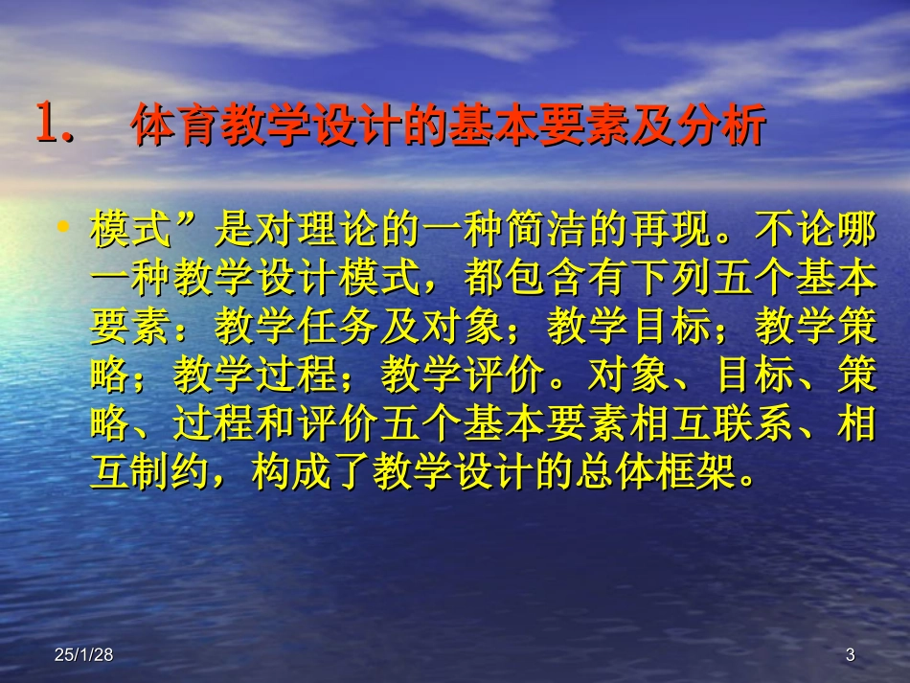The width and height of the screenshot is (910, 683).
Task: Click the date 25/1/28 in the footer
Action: click(83, 655)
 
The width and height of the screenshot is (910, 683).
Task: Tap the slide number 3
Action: click(850, 655)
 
